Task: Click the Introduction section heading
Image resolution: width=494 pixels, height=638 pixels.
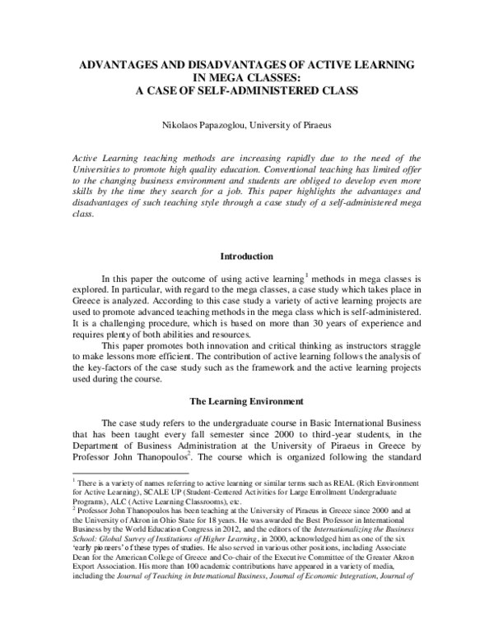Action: point(246,257)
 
